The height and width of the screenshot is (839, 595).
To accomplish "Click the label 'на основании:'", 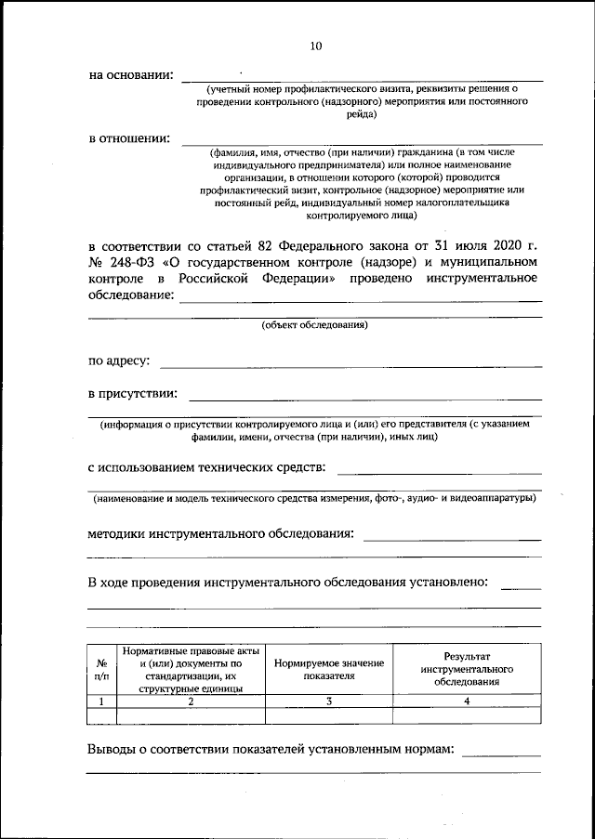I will click(131, 75).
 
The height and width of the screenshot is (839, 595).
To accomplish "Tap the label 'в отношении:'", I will click(129, 138).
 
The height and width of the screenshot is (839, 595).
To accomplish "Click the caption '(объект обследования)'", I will click(314, 325).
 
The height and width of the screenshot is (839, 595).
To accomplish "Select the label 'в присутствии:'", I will click(132, 395).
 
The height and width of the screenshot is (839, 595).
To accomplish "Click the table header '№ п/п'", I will click(101, 669).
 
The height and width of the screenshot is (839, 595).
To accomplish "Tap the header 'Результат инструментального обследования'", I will click(467, 669).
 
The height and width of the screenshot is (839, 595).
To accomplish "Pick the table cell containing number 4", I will click(467, 701).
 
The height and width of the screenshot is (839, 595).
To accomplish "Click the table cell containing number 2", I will click(191, 701).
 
